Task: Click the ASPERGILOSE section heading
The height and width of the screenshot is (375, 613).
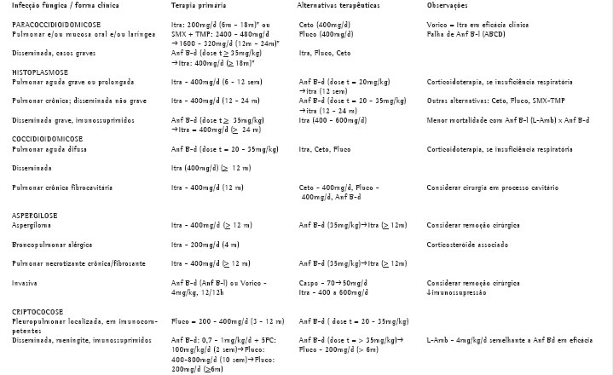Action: [x=36, y=216]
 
